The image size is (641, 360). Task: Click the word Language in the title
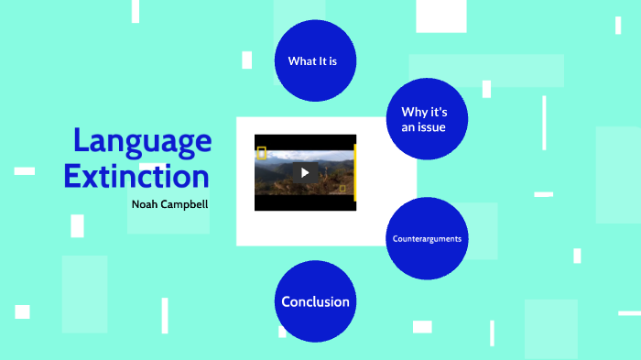[142, 141]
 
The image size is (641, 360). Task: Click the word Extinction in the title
[136, 175]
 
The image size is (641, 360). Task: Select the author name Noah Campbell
[169, 203]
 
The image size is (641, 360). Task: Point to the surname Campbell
[186, 203]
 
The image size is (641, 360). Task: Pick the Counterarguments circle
[427, 239]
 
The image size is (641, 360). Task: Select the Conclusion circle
[315, 301]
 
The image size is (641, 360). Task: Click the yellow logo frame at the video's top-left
[261, 153]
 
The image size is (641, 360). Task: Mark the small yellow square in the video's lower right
[342, 189]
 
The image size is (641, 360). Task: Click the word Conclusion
[315, 301]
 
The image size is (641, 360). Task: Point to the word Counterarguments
[427, 239]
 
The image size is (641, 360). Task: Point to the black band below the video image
[305, 202]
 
